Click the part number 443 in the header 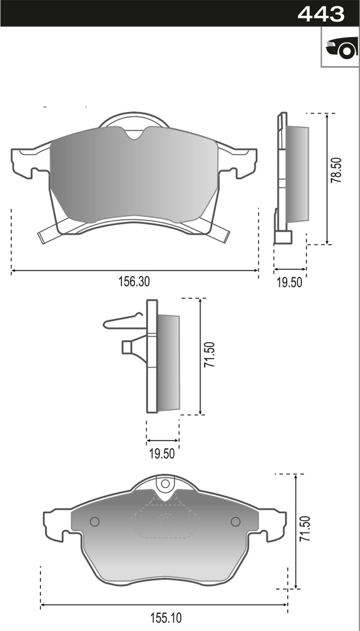pos(321,13)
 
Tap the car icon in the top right pos(340,47)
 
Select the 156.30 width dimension pos(134,281)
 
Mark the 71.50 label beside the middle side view pos(209,356)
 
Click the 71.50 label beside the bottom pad pos(305,529)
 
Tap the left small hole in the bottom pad pos(94,522)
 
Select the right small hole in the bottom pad pos(235,522)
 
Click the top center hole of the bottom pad pos(165,484)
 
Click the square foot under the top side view pos(283,237)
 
